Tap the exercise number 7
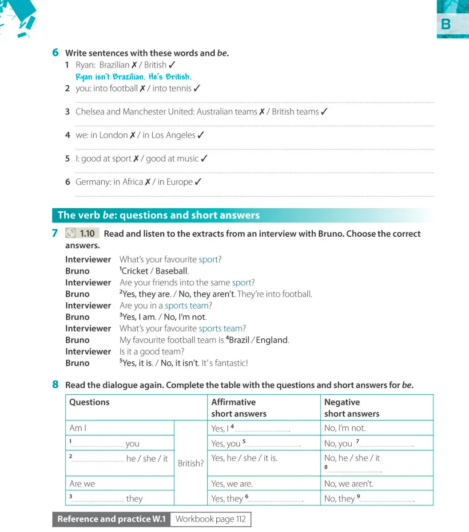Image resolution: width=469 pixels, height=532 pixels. pos(55,233)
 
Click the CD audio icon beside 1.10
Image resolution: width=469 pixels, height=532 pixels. pos(71,234)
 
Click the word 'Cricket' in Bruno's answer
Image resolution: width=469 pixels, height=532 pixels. pos(135,271)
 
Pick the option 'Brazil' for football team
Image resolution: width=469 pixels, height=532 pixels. pos(239,340)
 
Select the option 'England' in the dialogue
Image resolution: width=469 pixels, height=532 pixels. pos(272,340)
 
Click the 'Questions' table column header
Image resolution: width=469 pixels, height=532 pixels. pos(90,402)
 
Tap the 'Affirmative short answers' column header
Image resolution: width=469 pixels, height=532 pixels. pos(239,408)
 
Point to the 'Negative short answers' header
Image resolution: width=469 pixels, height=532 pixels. pos(352,408)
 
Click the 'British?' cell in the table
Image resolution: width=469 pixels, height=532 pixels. pos(191,463)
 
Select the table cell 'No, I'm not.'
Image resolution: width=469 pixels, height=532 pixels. pos(345,429)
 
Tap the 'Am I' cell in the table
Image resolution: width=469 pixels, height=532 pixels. pos(78,428)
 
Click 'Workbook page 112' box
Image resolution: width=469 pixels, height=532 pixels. pos(211,519)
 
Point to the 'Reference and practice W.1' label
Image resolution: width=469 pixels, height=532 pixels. pos(111,519)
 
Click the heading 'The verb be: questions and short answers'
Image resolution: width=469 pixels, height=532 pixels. pos(159,215)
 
